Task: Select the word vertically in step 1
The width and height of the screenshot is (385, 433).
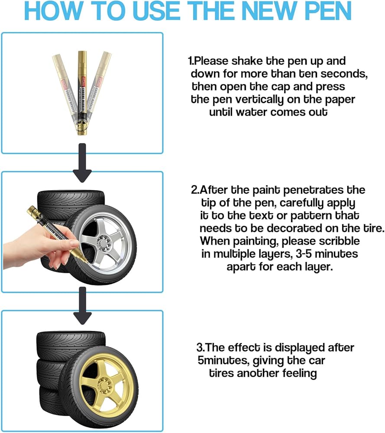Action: click(258, 100)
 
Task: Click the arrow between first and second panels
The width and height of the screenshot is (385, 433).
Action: click(82, 163)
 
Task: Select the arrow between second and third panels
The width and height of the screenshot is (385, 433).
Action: click(82, 306)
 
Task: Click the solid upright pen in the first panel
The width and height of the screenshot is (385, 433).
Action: click(82, 93)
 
